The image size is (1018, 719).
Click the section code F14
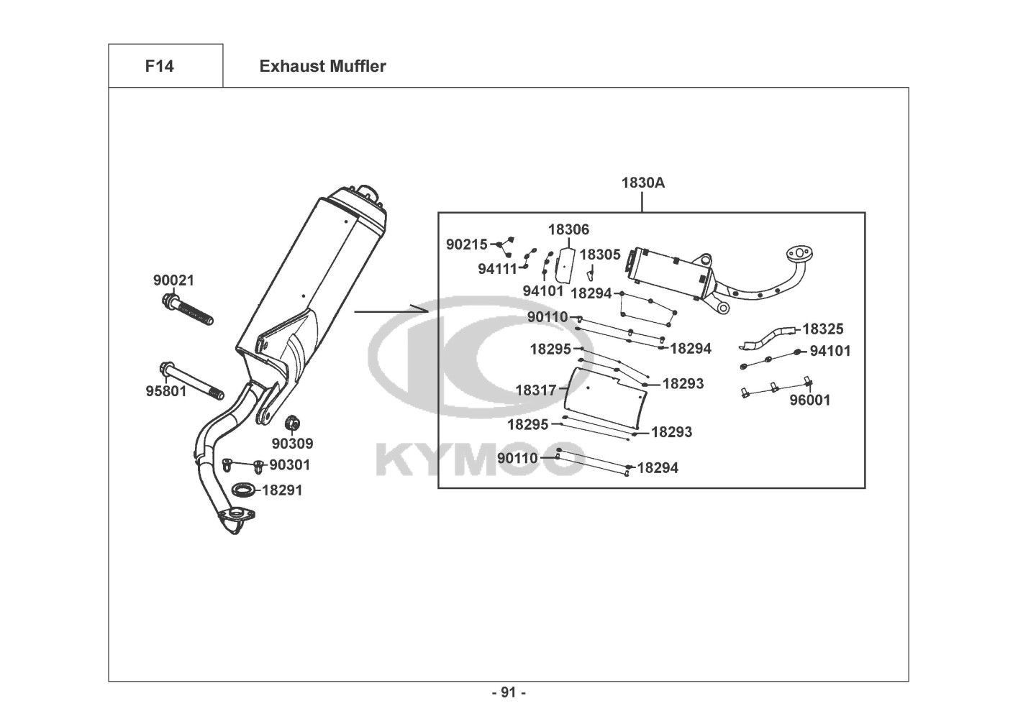(x=159, y=66)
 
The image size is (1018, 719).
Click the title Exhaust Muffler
(x=322, y=66)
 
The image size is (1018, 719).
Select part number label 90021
(x=173, y=280)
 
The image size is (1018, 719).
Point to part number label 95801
(x=166, y=390)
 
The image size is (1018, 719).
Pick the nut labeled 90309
(x=292, y=423)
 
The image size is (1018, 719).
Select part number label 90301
(x=289, y=464)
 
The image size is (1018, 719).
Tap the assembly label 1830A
(x=642, y=183)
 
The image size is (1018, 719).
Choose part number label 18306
(x=568, y=229)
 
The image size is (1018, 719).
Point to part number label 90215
(x=466, y=244)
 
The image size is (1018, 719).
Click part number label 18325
(x=822, y=329)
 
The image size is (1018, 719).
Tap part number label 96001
(x=810, y=400)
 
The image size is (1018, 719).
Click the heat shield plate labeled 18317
(x=604, y=398)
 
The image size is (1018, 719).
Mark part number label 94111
(x=498, y=270)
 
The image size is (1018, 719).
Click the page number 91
(x=509, y=692)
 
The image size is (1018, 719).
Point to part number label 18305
(x=600, y=255)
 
